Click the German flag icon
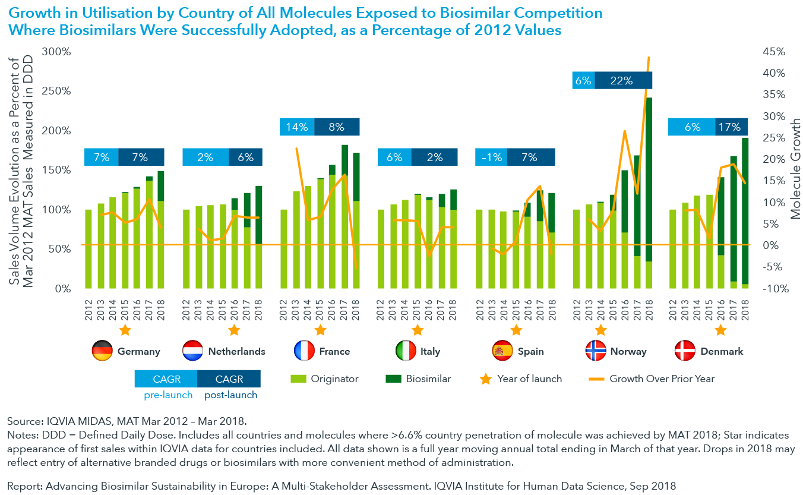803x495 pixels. [102, 351]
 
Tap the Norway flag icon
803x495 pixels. [595, 351]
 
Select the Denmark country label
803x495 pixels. [722, 351]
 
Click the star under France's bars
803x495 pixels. [320, 330]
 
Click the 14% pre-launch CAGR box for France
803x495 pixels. [297, 127]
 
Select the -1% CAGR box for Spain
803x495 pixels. [491, 157]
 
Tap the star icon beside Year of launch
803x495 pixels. [486, 379]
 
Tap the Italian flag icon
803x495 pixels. [406, 351]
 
